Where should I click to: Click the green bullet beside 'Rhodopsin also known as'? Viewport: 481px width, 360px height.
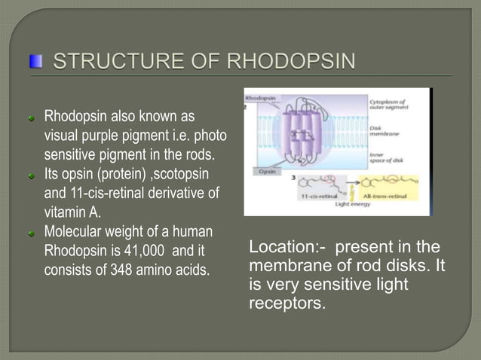32,118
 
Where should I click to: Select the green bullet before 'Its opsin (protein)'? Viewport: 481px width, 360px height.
32,175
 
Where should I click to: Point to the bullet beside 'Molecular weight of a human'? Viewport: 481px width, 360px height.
32,231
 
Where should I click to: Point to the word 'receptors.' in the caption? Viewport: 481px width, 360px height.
287,304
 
